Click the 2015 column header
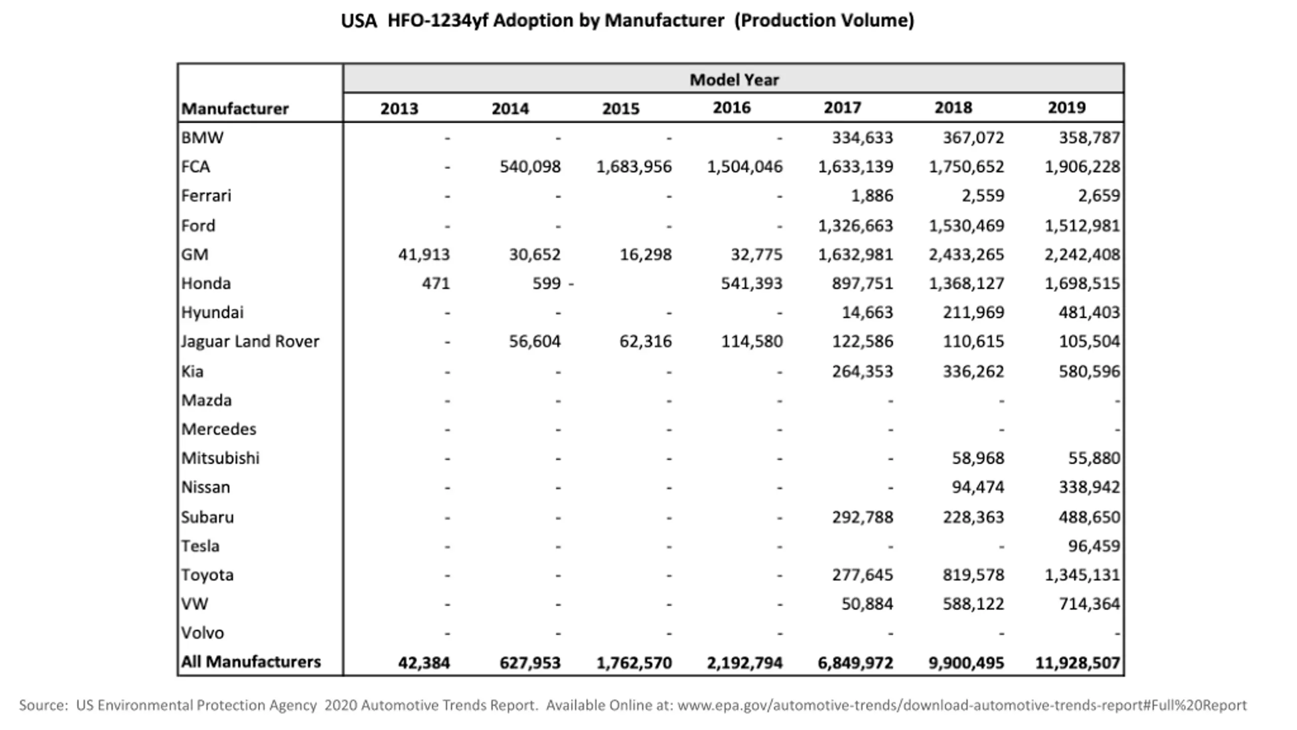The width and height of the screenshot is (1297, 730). (x=621, y=108)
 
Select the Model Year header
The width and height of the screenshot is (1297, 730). (x=734, y=80)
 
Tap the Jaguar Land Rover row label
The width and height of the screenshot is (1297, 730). (x=250, y=342)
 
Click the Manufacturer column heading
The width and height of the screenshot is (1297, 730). (x=235, y=108)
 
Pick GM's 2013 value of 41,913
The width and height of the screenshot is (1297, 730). (x=424, y=254)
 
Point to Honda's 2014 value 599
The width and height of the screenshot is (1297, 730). (x=547, y=283)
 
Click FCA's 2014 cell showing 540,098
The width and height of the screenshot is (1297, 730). (x=530, y=167)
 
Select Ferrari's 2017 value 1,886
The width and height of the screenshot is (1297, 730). (x=872, y=196)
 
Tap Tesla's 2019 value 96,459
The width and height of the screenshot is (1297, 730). (x=1094, y=546)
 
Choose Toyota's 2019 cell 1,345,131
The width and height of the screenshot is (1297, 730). (x=1083, y=575)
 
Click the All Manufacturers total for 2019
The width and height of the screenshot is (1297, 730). (x=1078, y=663)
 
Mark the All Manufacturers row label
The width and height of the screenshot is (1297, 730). (x=251, y=662)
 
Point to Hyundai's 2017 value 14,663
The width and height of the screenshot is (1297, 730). (x=867, y=312)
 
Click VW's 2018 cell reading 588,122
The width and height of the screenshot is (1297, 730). (x=973, y=604)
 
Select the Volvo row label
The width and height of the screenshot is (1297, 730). (x=203, y=633)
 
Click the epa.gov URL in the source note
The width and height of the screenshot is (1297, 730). (x=962, y=705)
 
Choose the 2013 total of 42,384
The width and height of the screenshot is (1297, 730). (x=424, y=663)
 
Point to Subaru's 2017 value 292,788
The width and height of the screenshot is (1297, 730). (x=863, y=517)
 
